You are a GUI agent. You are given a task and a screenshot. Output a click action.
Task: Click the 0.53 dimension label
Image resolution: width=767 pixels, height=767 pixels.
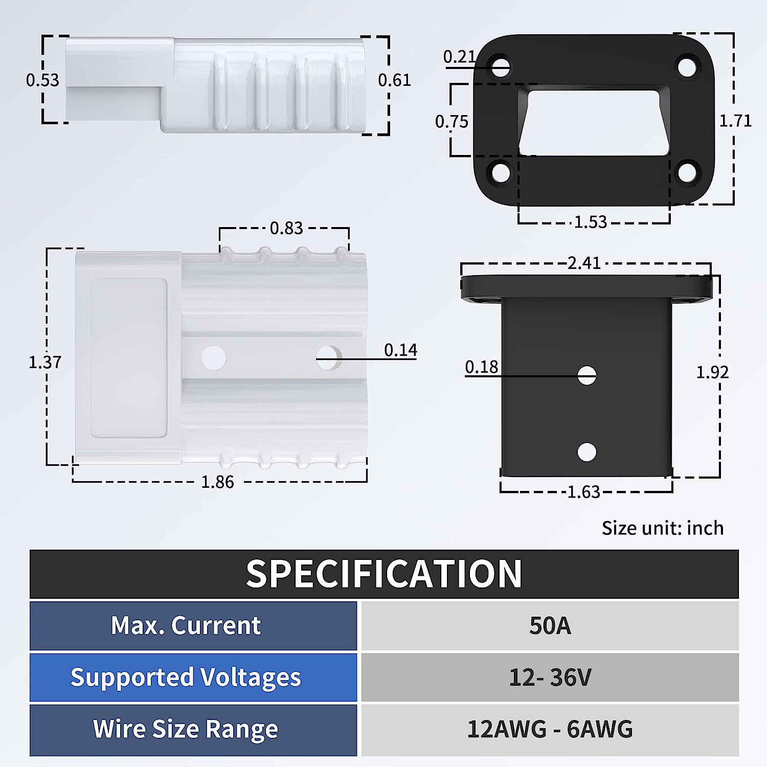pyautogui.click(x=42, y=80)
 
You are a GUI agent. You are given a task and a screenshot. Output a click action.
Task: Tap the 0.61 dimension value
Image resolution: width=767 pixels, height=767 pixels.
pyautogui.click(x=394, y=80)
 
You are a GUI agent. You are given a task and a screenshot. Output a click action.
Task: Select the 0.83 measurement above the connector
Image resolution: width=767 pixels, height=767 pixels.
pyautogui.click(x=286, y=228)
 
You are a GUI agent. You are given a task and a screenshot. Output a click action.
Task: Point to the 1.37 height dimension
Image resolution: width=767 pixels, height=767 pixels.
pyautogui.click(x=45, y=363)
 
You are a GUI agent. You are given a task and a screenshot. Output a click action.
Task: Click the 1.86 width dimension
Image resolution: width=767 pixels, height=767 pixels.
pyautogui.click(x=217, y=482)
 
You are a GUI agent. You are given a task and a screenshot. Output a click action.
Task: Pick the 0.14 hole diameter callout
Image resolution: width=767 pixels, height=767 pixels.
pyautogui.click(x=400, y=350)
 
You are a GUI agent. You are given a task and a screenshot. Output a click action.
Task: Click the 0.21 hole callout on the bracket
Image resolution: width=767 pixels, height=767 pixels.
pyautogui.click(x=459, y=57)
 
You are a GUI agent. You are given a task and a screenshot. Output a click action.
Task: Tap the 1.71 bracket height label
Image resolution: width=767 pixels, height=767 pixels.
pyautogui.click(x=735, y=121)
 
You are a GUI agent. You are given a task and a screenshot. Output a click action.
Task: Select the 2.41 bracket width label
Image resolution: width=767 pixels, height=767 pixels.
pyautogui.click(x=584, y=263)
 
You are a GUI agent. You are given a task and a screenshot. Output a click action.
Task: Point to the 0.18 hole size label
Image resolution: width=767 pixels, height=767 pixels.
pyautogui.click(x=481, y=367)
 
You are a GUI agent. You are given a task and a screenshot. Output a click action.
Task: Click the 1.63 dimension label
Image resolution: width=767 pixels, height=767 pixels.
pyautogui.click(x=584, y=492)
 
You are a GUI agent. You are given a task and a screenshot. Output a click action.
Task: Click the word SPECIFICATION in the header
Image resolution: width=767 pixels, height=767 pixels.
pyautogui.click(x=383, y=574)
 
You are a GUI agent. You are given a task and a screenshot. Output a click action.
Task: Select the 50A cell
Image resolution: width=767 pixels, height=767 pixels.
pyautogui.click(x=550, y=626)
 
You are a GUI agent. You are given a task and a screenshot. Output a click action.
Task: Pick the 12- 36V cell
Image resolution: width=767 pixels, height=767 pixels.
pyautogui.click(x=550, y=678)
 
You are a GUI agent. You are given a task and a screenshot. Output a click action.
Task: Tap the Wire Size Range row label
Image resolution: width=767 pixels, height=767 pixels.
pyautogui.click(x=186, y=729)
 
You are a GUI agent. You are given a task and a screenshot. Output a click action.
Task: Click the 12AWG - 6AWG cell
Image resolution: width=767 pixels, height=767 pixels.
pyautogui.click(x=550, y=729)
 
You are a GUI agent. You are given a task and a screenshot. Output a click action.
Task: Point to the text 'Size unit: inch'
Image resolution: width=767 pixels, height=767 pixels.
pyautogui.click(x=662, y=528)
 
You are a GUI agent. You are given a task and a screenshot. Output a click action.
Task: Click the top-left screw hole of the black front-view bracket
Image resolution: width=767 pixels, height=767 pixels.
pyautogui.click(x=501, y=67)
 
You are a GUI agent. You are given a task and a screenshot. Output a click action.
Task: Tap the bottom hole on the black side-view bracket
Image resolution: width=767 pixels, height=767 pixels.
pyautogui.click(x=586, y=452)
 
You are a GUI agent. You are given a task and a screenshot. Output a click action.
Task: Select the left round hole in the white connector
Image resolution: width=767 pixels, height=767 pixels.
pyautogui.click(x=214, y=357)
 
